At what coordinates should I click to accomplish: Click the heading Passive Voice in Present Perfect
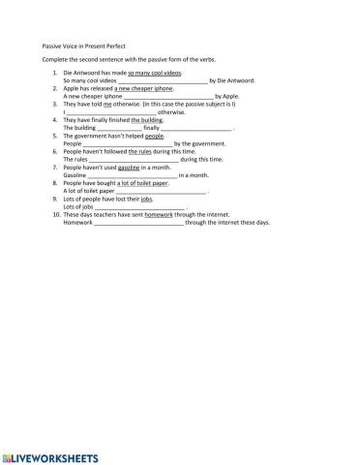pyautogui.click(x=83, y=46)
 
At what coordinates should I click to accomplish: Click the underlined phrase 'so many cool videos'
pyautogui.click(x=155, y=73)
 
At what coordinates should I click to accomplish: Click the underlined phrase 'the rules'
pyautogui.click(x=141, y=151)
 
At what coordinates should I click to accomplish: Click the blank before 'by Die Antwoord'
pyautogui.click(x=163, y=80)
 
